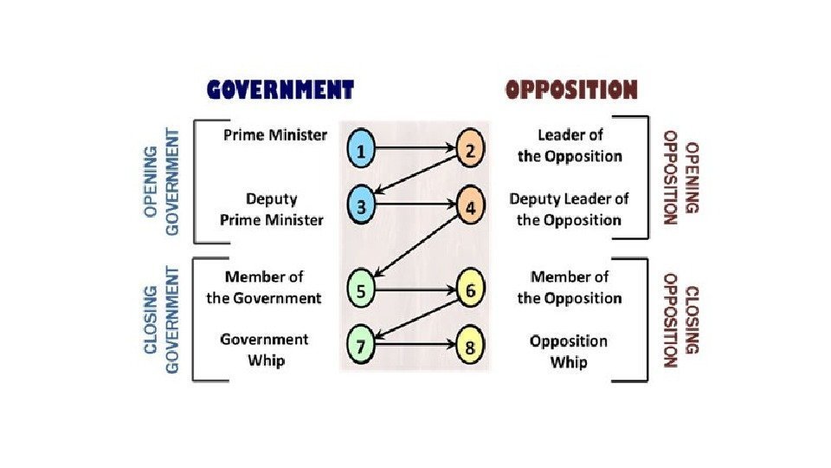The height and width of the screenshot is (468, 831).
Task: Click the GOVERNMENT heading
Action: pyautogui.click(x=280, y=89)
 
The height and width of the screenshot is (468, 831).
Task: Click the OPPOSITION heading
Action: pyautogui.click(x=571, y=89)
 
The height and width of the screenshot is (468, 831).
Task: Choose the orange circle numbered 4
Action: pyautogui.click(x=470, y=207)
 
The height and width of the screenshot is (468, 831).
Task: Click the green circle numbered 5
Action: pyautogui.click(x=362, y=291)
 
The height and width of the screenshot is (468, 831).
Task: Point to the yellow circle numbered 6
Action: pyautogui.click(x=470, y=290)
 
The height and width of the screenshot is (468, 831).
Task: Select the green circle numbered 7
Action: pyautogui.click(x=362, y=346)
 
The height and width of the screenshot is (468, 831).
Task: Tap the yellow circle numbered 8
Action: pyautogui.click(x=470, y=346)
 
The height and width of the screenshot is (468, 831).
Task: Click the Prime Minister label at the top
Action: pyautogui.click(x=275, y=135)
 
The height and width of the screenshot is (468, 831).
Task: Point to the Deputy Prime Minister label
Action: pyautogui.click(x=272, y=209)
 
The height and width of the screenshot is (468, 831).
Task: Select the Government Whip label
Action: pyautogui.click(x=264, y=349)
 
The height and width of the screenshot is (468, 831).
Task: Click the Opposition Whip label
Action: pyautogui.click(x=569, y=351)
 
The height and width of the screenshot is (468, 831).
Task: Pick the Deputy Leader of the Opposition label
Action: pyautogui.click(x=569, y=209)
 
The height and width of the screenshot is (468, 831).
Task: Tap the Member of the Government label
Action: pyautogui.click(x=264, y=288)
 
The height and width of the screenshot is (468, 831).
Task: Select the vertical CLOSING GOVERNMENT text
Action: pyautogui.click(x=162, y=320)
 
